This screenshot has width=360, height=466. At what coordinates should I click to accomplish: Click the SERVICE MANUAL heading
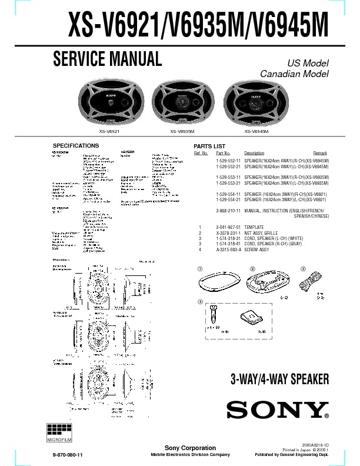pyautogui.click(x=107, y=59)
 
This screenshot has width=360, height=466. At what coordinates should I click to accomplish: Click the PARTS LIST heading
pyautogui.click(x=209, y=146)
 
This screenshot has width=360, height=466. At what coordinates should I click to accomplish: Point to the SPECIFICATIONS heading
pyautogui.click(x=76, y=145)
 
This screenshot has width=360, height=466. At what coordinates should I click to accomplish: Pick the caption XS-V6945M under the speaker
pyautogui.click(x=256, y=131)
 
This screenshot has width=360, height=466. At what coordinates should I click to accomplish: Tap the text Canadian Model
pyautogui.click(x=294, y=74)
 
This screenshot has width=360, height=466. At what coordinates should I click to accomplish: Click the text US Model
pyautogui.click(x=308, y=63)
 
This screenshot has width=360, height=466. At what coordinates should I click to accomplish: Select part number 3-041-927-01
pyautogui.click(x=228, y=227)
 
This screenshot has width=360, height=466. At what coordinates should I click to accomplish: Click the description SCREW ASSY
pyautogui.click(x=257, y=249)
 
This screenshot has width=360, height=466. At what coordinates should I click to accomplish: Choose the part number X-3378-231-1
pyautogui.click(x=228, y=233)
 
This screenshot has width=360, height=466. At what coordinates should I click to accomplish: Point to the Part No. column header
pyautogui.click(x=223, y=153)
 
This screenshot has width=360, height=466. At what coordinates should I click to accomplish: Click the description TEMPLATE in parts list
pyautogui.click(x=254, y=227)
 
